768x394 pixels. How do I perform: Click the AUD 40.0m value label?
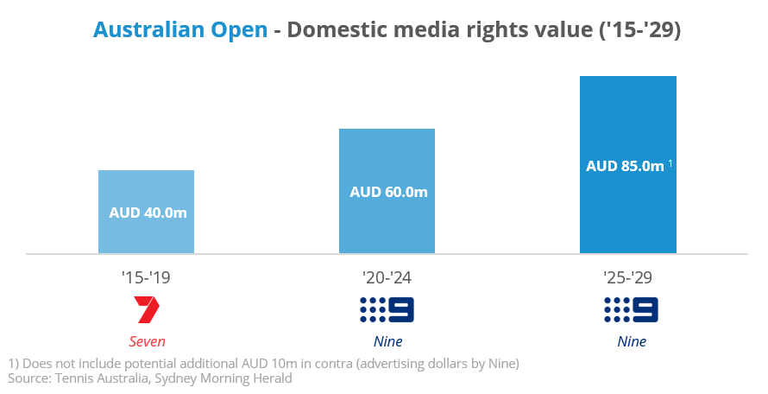(148, 212)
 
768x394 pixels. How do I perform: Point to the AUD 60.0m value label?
(388, 192)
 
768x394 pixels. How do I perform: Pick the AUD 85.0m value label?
(624, 166)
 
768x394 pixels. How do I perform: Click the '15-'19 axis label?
(147, 278)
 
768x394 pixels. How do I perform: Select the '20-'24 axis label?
(387, 278)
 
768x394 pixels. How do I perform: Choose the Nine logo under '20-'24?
(387, 309)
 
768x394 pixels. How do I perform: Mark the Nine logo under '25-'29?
(631, 309)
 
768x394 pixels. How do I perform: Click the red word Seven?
(147, 341)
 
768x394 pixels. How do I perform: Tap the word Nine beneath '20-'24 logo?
(387, 341)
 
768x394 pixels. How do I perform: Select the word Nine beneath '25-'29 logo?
(631, 341)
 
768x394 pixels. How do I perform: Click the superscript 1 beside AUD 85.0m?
(670, 162)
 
